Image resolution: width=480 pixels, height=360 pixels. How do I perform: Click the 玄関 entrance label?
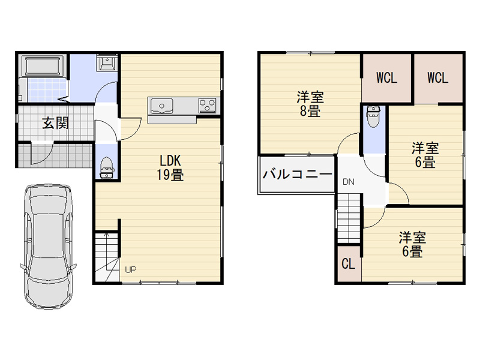pyautogui.click(x=55, y=123)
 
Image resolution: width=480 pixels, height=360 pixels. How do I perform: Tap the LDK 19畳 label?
pyautogui.click(x=170, y=168)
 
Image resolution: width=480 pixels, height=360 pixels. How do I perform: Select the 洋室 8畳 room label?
pyautogui.click(x=310, y=104)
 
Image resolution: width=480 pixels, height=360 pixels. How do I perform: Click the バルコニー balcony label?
pyautogui.click(x=297, y=175)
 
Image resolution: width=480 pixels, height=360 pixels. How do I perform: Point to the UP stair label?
pyautogui.click(x=131, y=269)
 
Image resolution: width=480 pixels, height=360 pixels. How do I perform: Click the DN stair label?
pyautogui.click(x=349, y=182)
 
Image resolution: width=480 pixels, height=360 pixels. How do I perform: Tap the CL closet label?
pyautogui.click(x=349, y=263)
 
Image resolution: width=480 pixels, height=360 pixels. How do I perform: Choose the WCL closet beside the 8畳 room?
pyautogui.click(x=386, y=78)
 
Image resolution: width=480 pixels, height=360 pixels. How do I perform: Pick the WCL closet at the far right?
pyautogui.click(x=438, y=78)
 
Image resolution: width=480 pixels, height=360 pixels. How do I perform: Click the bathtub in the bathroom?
pyautogui.click(x=42, y=66)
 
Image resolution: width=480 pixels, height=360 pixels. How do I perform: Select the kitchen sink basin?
pyautogui.click(x=161, y=106)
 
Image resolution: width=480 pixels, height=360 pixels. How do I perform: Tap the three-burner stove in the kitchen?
pyautogui.click(x=208, y=105)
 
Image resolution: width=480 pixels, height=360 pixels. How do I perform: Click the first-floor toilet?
pyautogui.click(x=107, y=167)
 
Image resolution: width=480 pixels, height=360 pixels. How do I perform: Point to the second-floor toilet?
pyautogui.click(x=373, y=116)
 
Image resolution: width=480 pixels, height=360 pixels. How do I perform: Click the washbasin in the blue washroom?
pyautogui.click(x=107, y=63)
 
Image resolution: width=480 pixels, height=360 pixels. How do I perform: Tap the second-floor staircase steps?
pyautogui.click(x=349, y=219)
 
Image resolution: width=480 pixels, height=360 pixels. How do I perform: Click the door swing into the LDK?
pyautogui.click(x=130, y=129)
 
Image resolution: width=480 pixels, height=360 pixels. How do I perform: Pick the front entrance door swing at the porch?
pyautogui.click(x=42, y=153)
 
